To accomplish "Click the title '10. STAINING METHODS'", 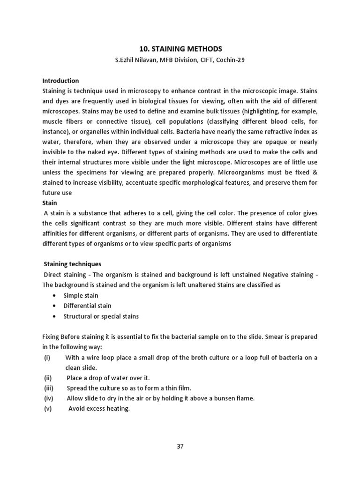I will tap(180, 49).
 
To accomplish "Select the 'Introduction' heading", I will tap(60, 81).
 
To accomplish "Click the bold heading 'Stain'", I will tap(49, 203).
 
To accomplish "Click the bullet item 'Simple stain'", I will tap(81, 296).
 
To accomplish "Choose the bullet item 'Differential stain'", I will tap(87, 306).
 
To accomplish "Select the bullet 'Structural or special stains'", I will tap(101, 316).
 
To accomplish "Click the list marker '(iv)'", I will tap(48, 398).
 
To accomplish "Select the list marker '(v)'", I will tap(47, 409).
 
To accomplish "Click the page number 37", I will tap(180, 446).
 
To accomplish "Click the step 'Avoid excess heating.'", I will tap(99, 409).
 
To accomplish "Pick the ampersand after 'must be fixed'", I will tap(315, 172).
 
